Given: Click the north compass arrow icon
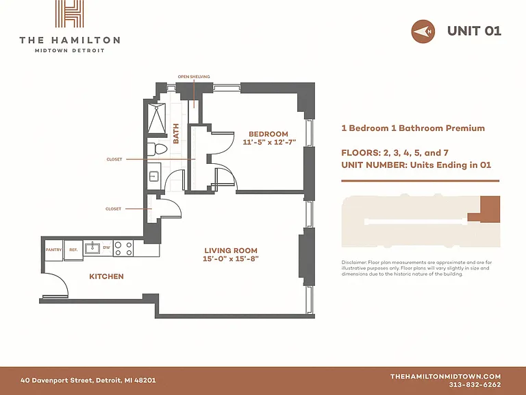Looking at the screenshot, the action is [423, 32].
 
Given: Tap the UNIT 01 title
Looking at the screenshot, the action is [474, 31].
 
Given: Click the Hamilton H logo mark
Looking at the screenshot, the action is [69, 14].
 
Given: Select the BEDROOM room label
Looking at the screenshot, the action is [268, 134].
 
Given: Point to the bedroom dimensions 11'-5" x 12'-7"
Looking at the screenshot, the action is [269, 142].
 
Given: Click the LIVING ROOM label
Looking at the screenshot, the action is [231, 250].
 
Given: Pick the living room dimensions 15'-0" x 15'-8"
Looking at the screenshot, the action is [231, 259].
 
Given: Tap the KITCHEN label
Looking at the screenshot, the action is [106, 276].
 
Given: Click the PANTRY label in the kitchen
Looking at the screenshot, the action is [53, 250].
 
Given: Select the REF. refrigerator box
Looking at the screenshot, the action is [73, 250].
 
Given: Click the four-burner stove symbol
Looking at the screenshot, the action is [123, 248].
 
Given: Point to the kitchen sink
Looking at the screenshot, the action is [92, 248].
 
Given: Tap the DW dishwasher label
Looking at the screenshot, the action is [106, 248].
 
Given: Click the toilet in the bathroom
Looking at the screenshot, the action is [157, 149].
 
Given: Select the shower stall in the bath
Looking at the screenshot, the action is [157, 119].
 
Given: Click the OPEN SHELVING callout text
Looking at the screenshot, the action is [194, 77].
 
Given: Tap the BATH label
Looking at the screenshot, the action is [176, 134].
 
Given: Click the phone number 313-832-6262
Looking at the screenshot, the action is [475, 385].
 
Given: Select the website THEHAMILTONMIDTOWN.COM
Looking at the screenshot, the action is [445, 376].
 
